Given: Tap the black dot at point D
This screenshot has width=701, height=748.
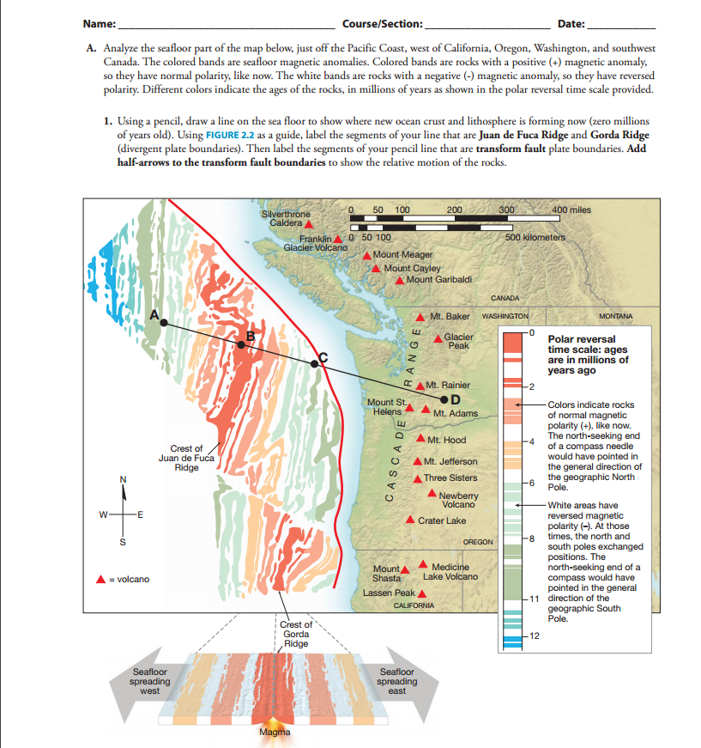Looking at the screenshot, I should click(444, 399).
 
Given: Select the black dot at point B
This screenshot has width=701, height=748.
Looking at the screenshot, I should click(241, 344).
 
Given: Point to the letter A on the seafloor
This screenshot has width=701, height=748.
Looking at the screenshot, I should click(155, 315).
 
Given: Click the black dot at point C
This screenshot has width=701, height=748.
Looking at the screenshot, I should click(314, 364).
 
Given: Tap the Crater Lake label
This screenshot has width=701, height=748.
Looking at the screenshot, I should click(442, 520).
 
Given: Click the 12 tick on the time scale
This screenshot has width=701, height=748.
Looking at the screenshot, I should click(535, 635).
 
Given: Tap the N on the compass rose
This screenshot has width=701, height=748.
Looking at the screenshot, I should click(123, 478).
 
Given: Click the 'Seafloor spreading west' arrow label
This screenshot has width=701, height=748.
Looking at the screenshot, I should click(149, 681).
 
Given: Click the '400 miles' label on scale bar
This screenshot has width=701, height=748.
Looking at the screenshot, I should click(571, 210).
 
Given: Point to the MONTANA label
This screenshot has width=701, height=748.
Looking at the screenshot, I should click(616, 316).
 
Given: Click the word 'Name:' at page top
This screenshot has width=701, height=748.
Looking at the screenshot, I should click(101, 21).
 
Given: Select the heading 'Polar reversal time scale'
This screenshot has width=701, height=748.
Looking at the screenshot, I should click(587, 355).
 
